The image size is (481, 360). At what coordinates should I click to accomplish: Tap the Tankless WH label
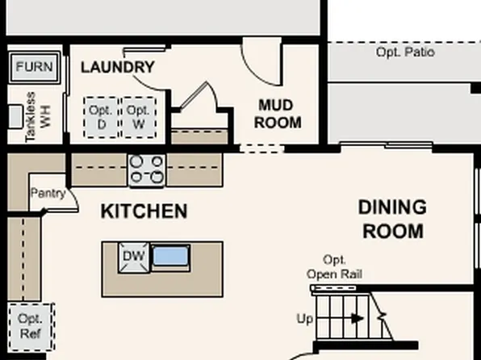[37, 118]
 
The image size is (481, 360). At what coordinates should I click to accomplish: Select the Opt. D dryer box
[102, 117]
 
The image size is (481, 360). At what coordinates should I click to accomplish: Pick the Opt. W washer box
[139, 117]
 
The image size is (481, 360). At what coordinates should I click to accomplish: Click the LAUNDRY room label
[118, 67]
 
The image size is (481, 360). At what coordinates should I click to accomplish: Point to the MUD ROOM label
[278, 114]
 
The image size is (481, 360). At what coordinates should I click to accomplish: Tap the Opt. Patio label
[405, 52]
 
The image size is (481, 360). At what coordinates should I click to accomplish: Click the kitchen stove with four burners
[147, 170]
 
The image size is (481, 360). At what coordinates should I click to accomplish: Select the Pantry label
[48, 193]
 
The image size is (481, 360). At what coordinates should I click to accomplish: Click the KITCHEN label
[144, 211]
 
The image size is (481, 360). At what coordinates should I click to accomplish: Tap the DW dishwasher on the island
[133, 257]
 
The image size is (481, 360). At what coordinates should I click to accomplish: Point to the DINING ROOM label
[392, 220]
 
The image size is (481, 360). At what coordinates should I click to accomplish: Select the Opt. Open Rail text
[334, 267]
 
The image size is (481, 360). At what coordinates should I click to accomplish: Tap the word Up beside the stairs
[304, 319]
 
